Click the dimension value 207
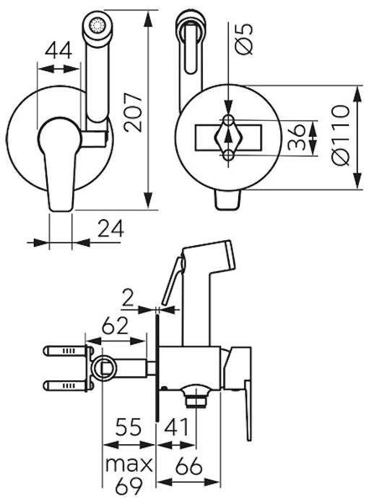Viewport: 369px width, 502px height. coord(133,112)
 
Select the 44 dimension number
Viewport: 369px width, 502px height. coord(58,51)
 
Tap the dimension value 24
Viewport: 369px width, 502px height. coord(110,229)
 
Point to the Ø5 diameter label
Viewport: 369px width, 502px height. coord(244,38)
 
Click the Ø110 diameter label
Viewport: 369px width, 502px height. coord(341,135)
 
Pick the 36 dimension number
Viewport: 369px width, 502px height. coord(296,137)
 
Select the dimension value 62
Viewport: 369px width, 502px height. coord(115,326)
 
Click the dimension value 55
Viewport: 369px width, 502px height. coord(128,427)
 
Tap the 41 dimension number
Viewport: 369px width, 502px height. coord(177,427)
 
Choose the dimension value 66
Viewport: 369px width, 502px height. coord(188,466)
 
